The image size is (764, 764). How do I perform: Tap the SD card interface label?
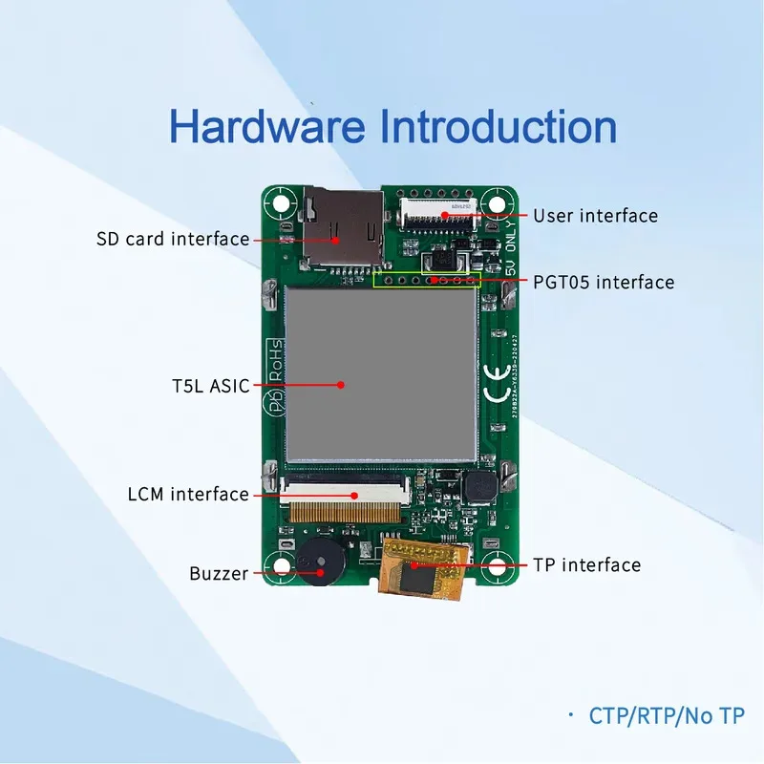pos(173,239)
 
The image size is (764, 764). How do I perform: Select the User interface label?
pos(595,216)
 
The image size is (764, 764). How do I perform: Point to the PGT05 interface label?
pos(604,283)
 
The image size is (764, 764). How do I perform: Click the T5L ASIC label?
pos(203,387)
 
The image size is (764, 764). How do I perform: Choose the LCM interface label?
pos(187,495)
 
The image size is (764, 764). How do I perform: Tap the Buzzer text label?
pos(218,574)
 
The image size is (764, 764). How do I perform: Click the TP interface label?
pos(586,565)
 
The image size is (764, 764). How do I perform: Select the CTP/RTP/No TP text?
pos(666,715)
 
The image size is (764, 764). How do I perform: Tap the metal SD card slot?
pos(342,226)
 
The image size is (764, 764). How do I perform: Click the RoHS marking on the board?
pos(273,363)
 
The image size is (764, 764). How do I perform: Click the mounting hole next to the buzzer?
pos(281,566)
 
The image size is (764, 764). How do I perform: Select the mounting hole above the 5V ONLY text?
pos(493,202)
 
